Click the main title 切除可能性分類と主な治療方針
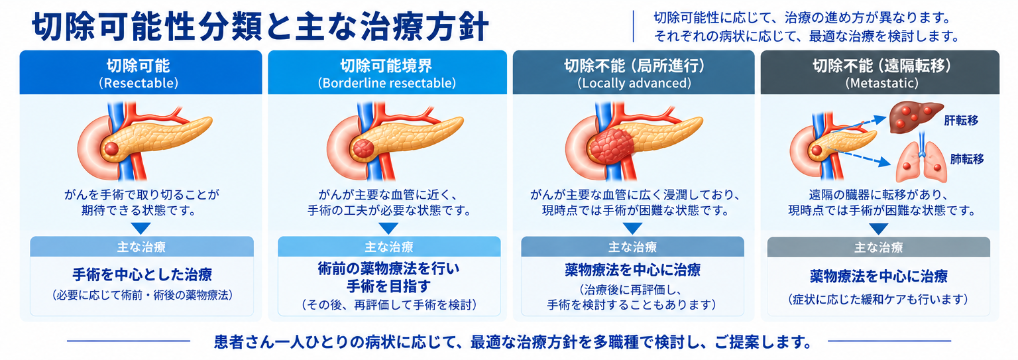pyautogui.click(x=260, y=27)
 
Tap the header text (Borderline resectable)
pyautogui.click(x=387, y=83)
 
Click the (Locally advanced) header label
pyautogui.click(x=634, y=83)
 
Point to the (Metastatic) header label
pyautogui.click(x=881, y=83)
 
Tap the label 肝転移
pyautogui.click(x=961, y=121)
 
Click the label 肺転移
pyautogui.click(x=967, y=159)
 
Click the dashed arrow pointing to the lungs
pyautogui.click(x=859, y=157)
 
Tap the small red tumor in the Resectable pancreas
pyautogui.click(x=111, y=149)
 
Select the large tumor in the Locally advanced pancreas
pyautogui.click(x=612, y=146)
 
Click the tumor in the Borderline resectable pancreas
pyautogui.click(x=363, y=149)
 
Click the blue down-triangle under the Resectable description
pyautogui.click(x=141, y=228)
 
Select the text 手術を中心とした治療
pyautogui.click(x=142, y=274)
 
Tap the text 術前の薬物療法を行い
pyautogui.click(x=388, y=269)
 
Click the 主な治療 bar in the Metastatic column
pyautogui.click(x=878, y=247)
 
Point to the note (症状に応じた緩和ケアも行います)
pyautogui.click(x=878, y=299)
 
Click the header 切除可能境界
pyautogui.click(x=386, y=66)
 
